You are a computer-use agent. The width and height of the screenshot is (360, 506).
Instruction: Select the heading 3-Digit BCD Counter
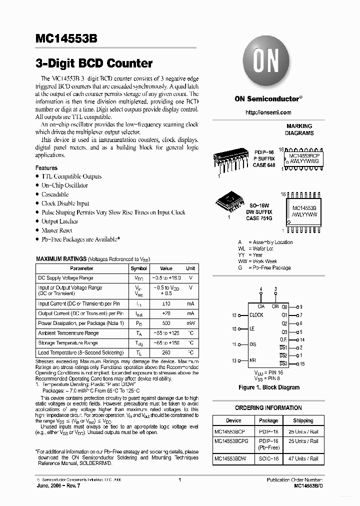coord(94,63)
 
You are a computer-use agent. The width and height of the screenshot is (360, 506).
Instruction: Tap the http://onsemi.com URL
coord(268,112)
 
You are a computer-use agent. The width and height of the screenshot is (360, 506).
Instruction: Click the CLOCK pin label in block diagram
coord(256,315)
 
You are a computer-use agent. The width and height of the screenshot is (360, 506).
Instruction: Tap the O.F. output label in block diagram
coord(283,340)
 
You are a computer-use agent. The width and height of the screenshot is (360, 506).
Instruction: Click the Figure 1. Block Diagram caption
coord(268,387)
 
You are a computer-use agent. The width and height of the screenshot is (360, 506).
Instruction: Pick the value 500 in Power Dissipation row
coord(166,323)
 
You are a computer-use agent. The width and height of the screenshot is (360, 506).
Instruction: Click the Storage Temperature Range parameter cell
coord(68,343)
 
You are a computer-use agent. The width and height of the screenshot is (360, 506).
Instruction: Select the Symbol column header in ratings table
coord(138,268)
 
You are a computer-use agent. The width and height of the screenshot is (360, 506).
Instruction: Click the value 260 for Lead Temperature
coord(166,353)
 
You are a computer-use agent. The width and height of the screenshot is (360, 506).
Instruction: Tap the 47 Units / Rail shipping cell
coord(303,458)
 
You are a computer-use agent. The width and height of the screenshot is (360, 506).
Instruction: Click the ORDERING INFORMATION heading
coord(268,408)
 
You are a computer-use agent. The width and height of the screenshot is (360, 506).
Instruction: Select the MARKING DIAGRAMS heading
coord(299,129)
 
